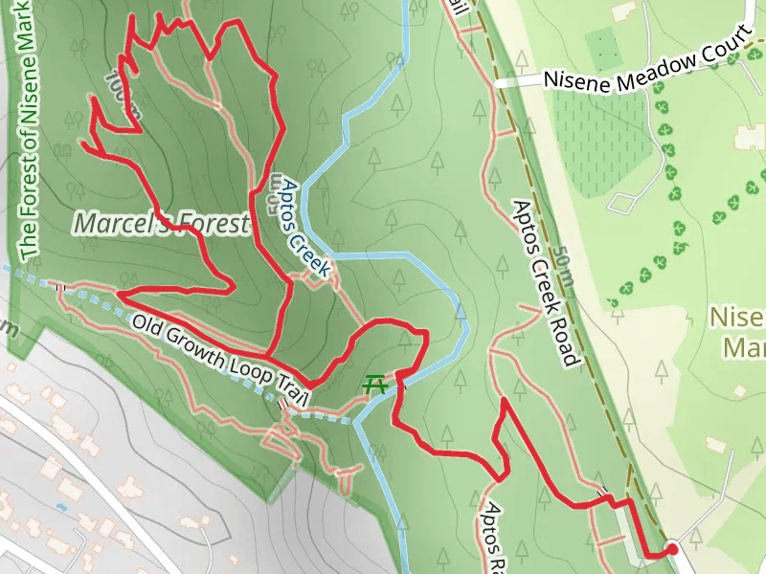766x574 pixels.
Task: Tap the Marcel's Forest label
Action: [161, 224]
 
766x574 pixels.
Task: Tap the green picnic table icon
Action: [375, 385]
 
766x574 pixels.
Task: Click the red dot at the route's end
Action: [672, 549]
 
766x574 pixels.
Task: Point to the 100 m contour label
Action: [125, 94]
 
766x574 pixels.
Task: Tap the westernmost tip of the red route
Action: [82, 144]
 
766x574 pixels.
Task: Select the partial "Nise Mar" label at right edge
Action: [739, 331]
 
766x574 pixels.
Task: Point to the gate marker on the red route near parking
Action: [603, 494]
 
